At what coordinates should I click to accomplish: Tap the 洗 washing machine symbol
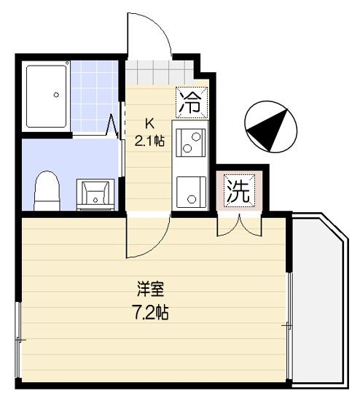[x=238, y=191]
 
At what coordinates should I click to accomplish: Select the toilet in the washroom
[x=47, y=190]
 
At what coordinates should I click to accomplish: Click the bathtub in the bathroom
[x=47, y=95]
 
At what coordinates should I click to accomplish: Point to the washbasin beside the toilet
[x=96, y=194]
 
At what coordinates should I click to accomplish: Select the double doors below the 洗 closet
[x=238, y=225]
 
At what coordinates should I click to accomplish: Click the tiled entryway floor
[x=157, y=74]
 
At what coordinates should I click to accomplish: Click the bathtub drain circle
[x=56, y=93]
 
